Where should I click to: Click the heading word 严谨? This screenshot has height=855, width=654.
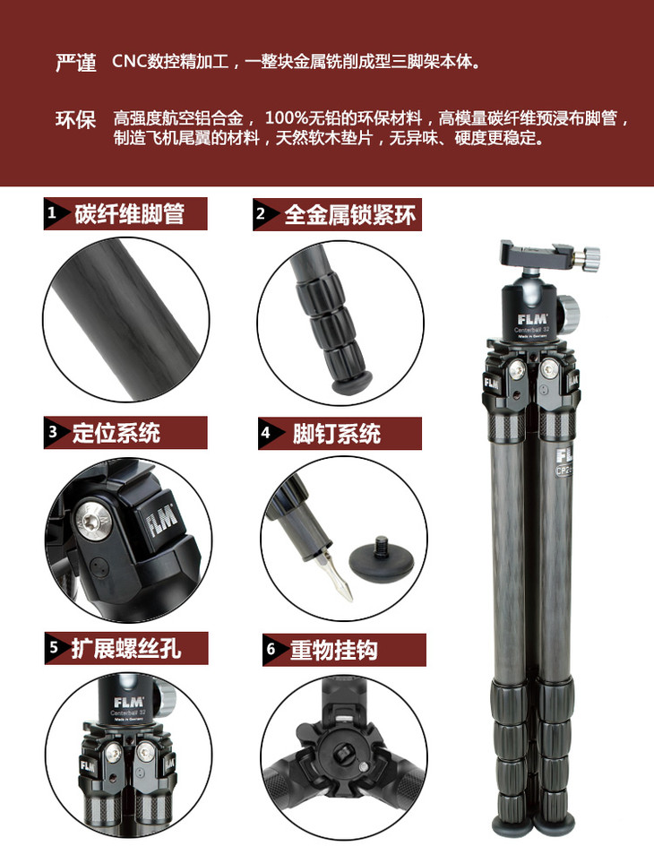(76, 63)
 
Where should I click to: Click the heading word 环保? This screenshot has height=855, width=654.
(76, 119)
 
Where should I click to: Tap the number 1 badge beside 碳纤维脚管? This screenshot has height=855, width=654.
(52, 212)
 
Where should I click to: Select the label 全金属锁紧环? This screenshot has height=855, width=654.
(350, 215)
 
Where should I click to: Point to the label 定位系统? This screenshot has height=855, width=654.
(116, 433)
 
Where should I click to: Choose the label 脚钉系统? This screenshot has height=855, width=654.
(336, 434)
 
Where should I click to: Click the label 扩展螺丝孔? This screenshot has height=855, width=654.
(126, 648)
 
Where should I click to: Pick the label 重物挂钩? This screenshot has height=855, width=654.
(333, 650)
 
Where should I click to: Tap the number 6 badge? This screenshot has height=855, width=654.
(271, 650)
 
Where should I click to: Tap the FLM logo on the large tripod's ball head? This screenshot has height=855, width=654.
(532, 319)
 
